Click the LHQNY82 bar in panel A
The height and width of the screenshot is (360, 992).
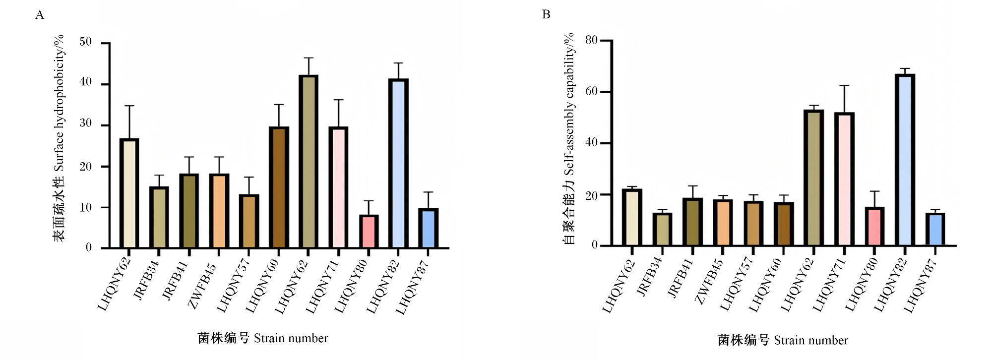(398, 163)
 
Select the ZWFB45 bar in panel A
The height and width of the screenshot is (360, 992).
(219, 211)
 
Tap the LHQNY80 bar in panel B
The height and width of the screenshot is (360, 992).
(874, 226)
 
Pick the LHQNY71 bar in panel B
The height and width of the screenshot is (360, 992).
(844, 179)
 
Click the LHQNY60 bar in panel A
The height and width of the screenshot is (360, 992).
(279, 187)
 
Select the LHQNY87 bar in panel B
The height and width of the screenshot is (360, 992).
(935, 229)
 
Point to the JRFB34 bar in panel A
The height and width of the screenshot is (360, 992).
(159, 217)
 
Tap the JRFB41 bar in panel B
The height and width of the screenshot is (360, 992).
(692, 222)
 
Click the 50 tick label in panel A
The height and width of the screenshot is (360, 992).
(86, 42)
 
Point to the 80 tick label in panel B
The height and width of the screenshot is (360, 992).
(591, 40)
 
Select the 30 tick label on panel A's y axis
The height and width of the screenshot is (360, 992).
(86, 123)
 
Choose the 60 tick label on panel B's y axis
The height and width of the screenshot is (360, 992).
(591, 91)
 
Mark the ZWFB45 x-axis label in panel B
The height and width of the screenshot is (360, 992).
(710, 281)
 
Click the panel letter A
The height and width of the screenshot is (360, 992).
(40, 15)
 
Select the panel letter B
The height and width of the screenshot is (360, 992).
(546, 14)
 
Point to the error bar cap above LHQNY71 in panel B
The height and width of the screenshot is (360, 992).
(844, 86)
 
